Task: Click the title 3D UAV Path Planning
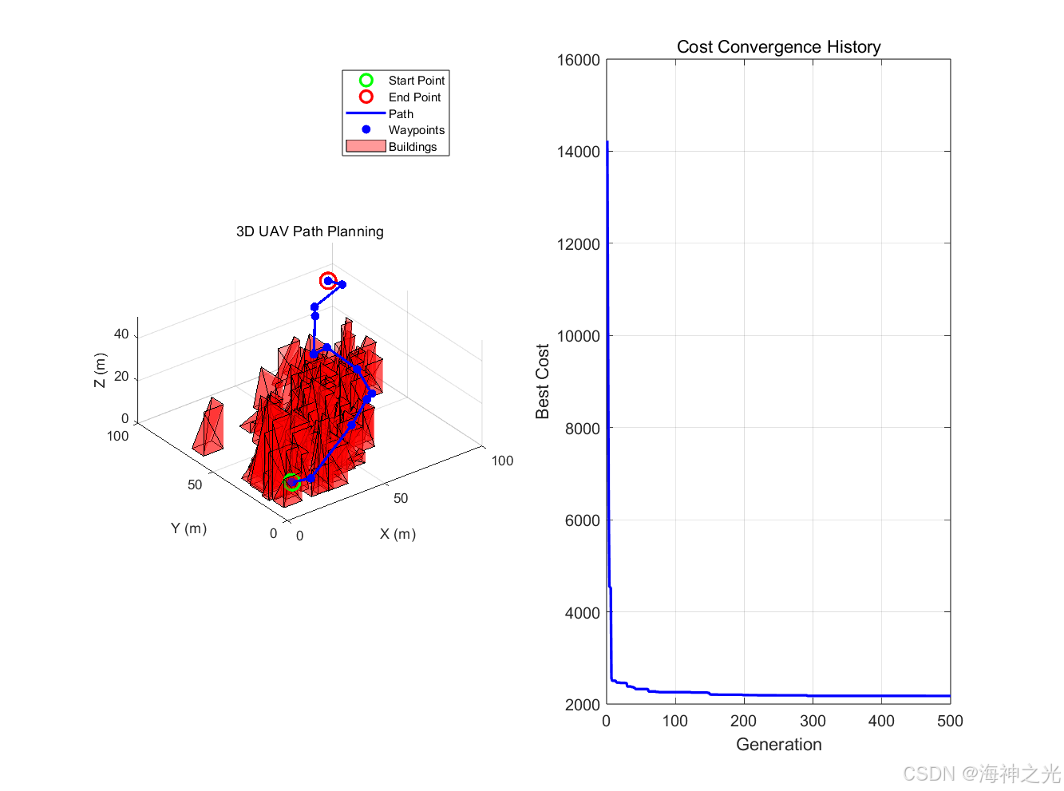[x=310, y=231]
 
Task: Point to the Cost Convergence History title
[x=778, y=46]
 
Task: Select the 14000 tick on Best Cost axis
[x=578, y=152]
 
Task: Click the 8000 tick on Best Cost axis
[x=582, y=429]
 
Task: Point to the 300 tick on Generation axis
[x=812, y=721]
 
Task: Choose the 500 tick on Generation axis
[x=950, y=721]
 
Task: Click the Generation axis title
[x=778, y=744]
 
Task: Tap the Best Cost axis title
[x=542, y=382]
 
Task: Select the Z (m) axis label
[x=99, y=370]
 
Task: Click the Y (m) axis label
[x=188, y=528]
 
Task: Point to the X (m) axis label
[x=398, y=533]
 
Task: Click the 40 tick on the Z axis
[x=121, y=334]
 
